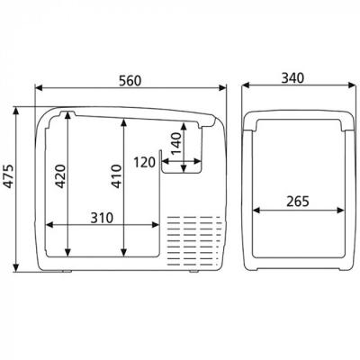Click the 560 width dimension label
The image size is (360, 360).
pyautogui.click(x=130, y=81)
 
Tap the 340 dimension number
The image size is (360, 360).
pyautogui.click(x=292, y=78)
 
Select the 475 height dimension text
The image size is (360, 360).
pyautogui.click(x=9, y=175)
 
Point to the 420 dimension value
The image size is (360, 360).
pyautogui.click(x=60, y=176)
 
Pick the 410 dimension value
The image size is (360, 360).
pyautogui.click(x=116, y=176)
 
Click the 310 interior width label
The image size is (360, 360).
pyautogui.click(x=102, y=218)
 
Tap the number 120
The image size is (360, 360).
pyautogui.click(x=145, y=162)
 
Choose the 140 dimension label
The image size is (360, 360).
pyautogui.click(x=175, y=143)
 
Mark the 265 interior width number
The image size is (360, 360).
pyautogui.click(x=298, y=202)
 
